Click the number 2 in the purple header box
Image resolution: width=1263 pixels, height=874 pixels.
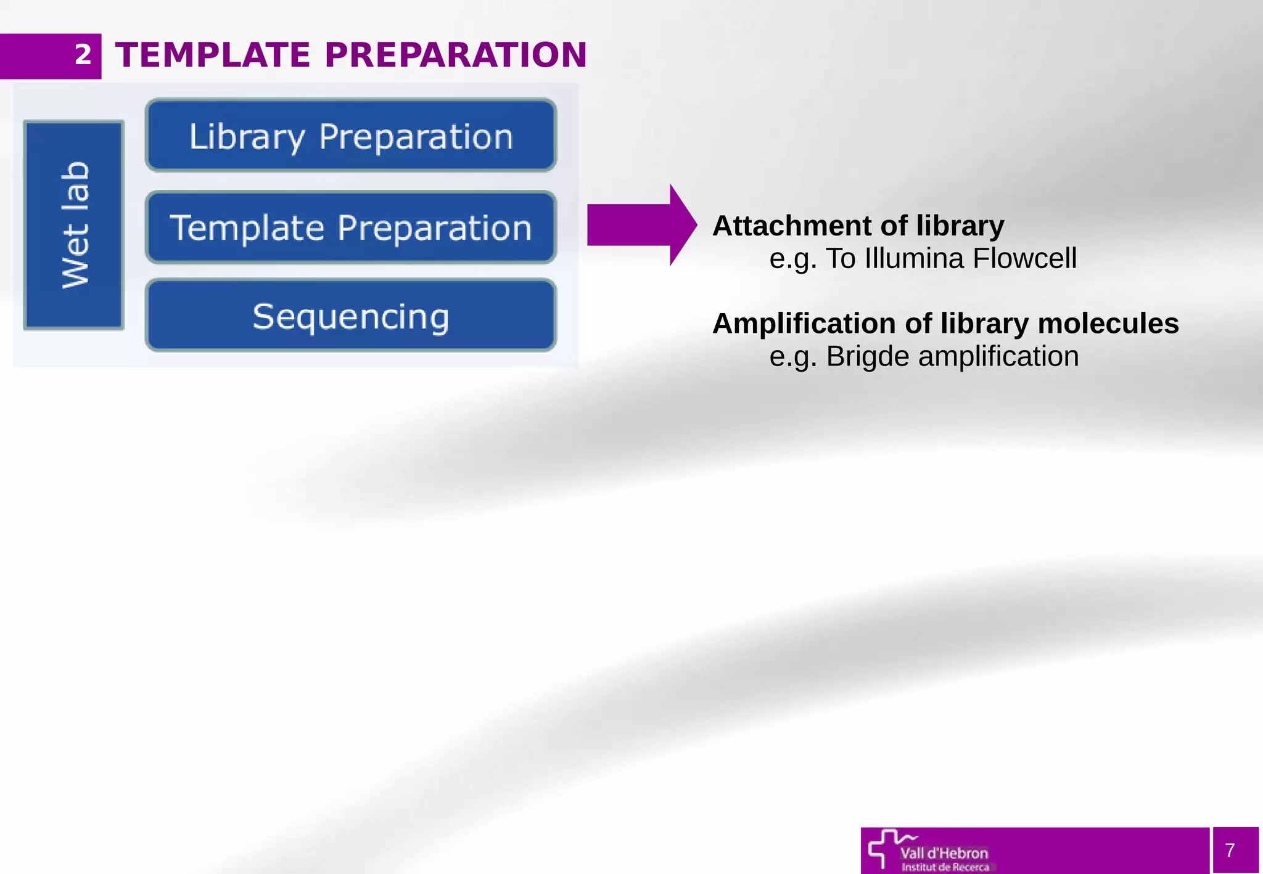click(83, 55)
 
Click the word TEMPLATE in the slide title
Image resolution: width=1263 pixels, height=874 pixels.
click(213, 55)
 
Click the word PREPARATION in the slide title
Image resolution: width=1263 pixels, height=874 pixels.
click(455, 55)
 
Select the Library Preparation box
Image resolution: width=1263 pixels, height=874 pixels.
click(351, 136)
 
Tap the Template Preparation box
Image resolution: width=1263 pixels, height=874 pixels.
click(351, 227)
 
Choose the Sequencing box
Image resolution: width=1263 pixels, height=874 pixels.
click(351, 316)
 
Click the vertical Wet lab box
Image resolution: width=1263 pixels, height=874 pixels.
click(74, 225)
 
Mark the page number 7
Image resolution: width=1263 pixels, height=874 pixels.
click(1230, 851)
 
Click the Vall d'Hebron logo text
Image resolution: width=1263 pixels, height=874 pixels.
click(944, 853)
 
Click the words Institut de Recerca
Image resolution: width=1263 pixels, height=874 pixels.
click(945, 867)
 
